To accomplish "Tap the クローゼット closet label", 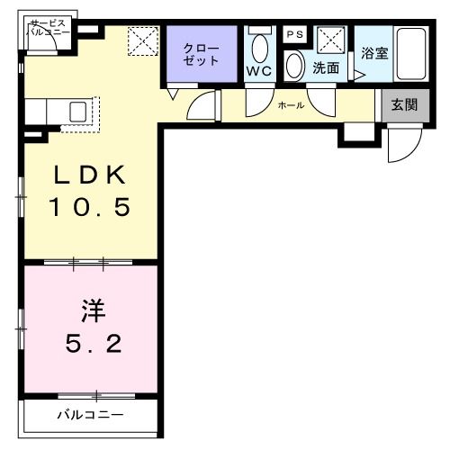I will pyautogui.click(x=201, y=54).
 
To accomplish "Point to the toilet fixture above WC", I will pyautogui.click(x=260, y=48).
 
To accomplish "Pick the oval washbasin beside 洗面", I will pyautogui.click(x=294, y=67).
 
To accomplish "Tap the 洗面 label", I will pyautogui.click(x=325, y=67).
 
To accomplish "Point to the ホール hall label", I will pyautogui.click(x=290, y=105).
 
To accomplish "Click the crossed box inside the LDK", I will pyautogui.click(x=141, y=42).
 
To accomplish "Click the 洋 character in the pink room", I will pyautogui.click(x=90, y=311).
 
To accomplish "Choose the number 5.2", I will pyautogui.click(x=90, y=344).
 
